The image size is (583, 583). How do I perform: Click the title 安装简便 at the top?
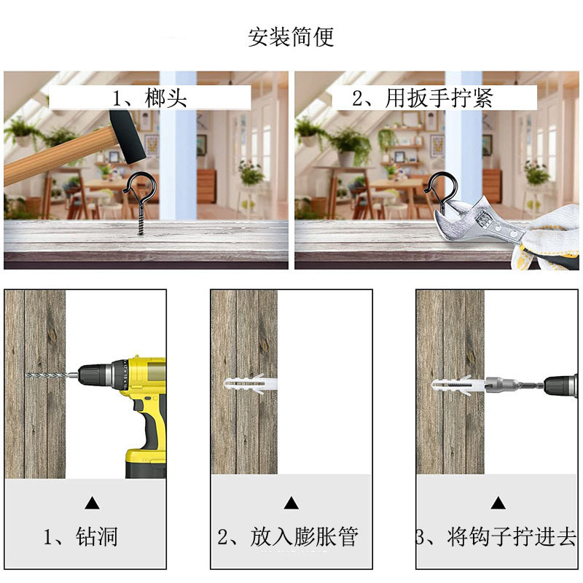pos(291,37)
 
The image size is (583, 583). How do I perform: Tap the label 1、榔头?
pos(149,98)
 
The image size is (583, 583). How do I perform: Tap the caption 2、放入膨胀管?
pos(289,537)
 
